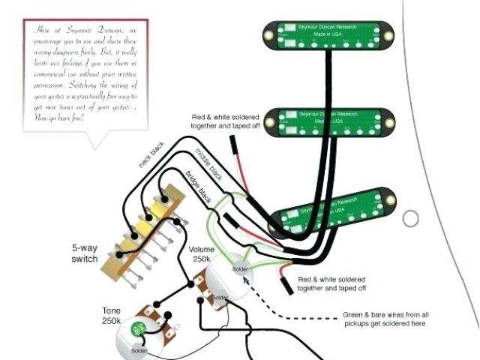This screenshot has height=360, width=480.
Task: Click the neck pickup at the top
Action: pos(329,34)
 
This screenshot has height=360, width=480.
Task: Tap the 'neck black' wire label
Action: pos(152,153)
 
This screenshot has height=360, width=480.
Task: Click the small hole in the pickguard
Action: pos(410,219)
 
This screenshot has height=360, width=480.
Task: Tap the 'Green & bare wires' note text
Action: pos(385,318)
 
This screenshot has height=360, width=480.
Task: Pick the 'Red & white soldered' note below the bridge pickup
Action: pos(332,283)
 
